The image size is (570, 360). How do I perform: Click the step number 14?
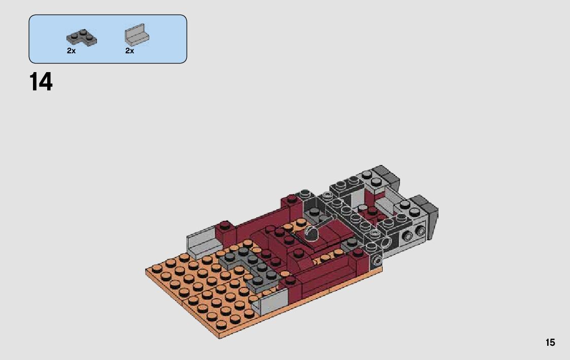[x=41, y=82]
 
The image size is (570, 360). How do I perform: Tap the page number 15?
[x=550, y=343]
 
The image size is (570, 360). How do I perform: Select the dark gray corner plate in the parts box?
[x=81, y=38]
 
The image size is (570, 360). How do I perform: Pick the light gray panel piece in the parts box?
[x=137, y=35]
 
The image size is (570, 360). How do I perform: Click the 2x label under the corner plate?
[x=71, y=51]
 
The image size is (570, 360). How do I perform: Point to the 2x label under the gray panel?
[x=130, y=51]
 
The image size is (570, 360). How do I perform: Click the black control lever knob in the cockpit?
[x=312, y=233]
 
